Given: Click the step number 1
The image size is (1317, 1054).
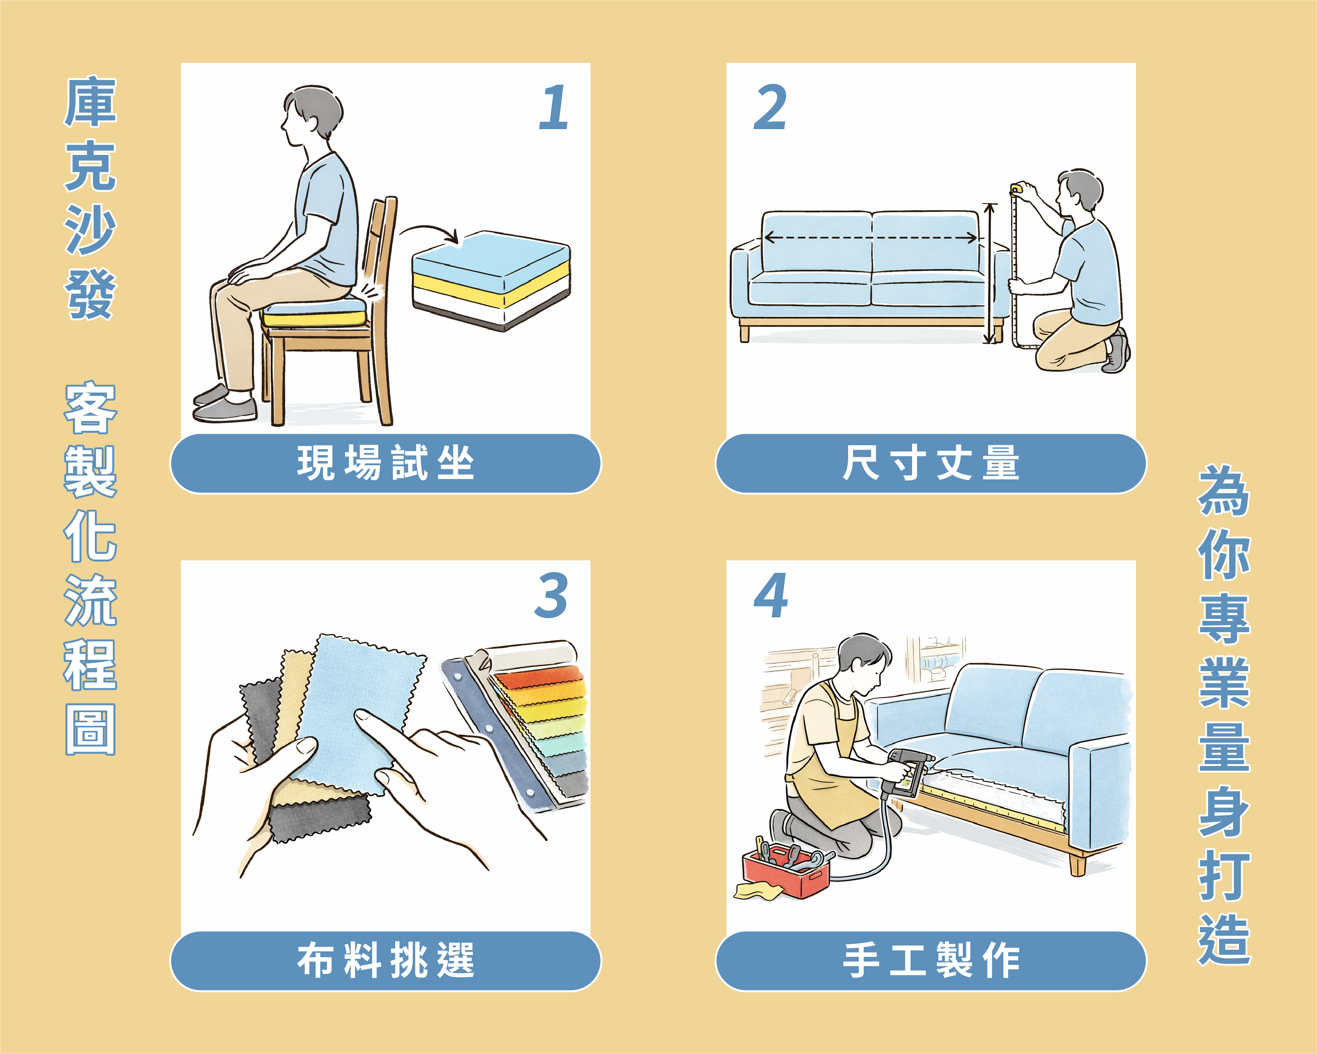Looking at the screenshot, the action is pos(554,108).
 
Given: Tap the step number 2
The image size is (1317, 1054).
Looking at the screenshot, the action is pos(770,108).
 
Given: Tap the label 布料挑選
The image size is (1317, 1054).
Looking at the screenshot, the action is pos(385,960).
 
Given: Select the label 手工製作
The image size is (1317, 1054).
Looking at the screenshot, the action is pos(931,960).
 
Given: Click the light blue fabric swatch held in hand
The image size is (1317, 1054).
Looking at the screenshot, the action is pos(360,712).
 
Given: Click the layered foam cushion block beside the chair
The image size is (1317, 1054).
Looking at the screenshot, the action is pos(491,281).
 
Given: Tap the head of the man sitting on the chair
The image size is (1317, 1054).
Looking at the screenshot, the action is pos(312,116).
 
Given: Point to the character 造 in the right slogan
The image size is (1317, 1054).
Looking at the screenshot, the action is pos(1224,939).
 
